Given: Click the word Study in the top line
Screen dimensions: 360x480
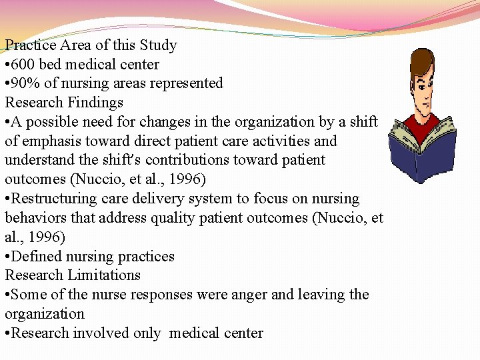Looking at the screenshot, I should tap(159, 45).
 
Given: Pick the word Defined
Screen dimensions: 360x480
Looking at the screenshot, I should tap(36, 257).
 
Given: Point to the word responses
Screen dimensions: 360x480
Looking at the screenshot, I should tap(151, 295).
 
